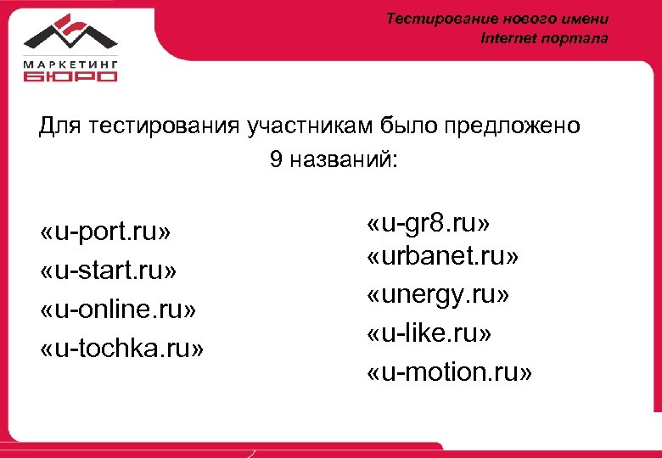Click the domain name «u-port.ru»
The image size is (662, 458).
[106, 232]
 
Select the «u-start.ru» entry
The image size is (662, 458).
[109, 271]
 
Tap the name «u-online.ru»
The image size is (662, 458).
[118, 310]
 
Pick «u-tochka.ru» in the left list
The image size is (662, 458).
[122, 349]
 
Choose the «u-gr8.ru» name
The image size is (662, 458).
[429, 225]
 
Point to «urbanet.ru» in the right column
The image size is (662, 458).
[443, 255]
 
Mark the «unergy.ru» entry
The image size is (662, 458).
[438, 295]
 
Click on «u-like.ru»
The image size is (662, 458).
[429, 333]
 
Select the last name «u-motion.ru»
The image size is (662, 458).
[450, 372]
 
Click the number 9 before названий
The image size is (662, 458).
[276, 160]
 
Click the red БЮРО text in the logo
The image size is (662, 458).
[70, 76]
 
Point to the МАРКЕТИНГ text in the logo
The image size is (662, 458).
[70, 62]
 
